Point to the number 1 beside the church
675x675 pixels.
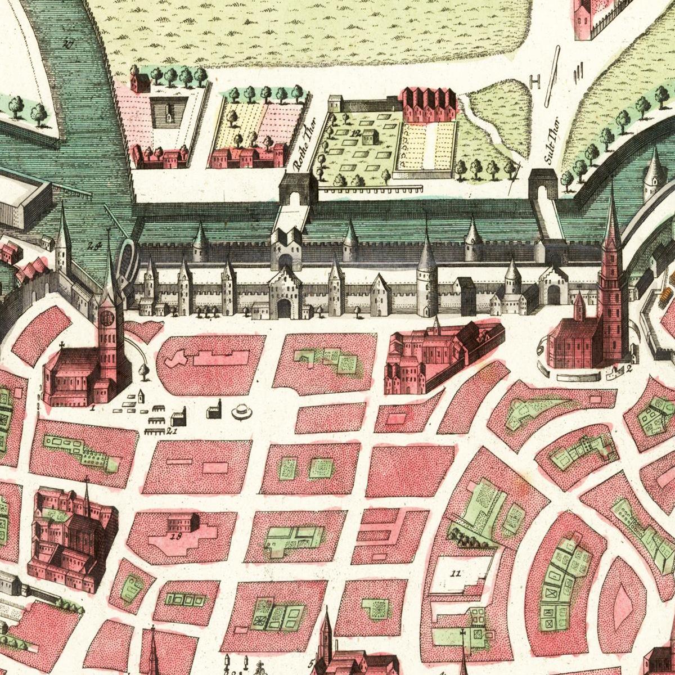pos(92,406)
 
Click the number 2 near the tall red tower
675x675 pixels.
pos(629,369)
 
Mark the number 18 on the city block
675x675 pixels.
pos(175,536)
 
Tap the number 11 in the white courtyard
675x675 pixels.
pos(456,573)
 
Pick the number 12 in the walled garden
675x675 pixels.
pos(355,133)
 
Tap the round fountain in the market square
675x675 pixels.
pos(242,412)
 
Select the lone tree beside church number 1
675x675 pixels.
pos(144,371)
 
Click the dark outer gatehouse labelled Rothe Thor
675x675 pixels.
pos(298,189)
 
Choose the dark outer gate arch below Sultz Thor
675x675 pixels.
pos(543,186)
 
